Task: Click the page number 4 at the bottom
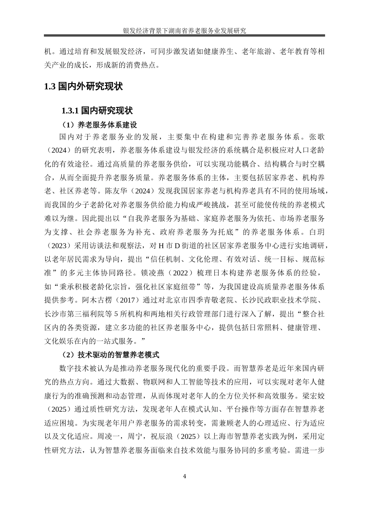click(184, 477)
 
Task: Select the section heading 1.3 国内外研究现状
click(84, 86)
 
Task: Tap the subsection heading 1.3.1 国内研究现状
click(97, 111)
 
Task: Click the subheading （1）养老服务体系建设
click(99, 125)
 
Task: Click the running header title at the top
click(184, 31)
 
